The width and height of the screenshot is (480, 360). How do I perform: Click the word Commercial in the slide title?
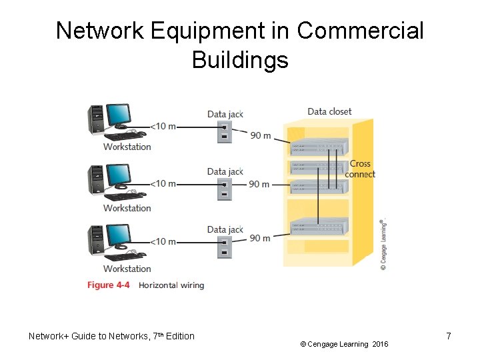tap(360, 31)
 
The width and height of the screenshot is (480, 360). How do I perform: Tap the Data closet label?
tap(329, 111)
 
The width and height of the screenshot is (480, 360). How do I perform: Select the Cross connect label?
tap(360, 169)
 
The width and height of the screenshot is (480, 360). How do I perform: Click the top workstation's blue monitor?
tap(119, 114)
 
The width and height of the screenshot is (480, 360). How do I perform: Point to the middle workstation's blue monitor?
tap(119, 175)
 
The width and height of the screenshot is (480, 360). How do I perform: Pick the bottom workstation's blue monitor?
tap(119, 235)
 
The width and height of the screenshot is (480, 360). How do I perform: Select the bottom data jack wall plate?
tap(225, 247)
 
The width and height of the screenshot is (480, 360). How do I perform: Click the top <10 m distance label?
tap(163, 126)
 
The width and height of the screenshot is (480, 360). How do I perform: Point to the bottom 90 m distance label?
tap(260, 238)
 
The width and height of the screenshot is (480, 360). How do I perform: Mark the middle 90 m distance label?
tap(259, 184)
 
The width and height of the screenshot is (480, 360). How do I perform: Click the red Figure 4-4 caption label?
tap(108, 285)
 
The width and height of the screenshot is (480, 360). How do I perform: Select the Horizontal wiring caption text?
tap(171, 285)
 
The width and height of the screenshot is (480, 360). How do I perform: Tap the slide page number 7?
tap(449, 336)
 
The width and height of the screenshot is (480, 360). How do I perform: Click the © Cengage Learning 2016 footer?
tap(344, 344)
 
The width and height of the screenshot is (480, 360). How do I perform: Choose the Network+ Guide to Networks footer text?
tap(111, 336)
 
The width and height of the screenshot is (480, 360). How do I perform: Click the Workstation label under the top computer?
tap(127, 147)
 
